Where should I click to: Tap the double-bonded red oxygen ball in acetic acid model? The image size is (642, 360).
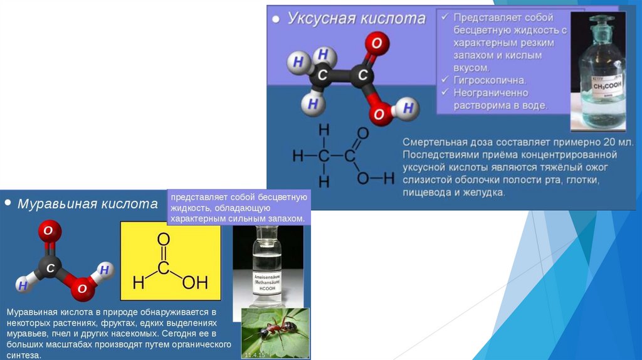coord(376,44)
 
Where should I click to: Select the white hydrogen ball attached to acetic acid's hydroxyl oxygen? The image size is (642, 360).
coord(408,109)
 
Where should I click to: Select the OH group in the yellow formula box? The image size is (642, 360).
coord(195,283)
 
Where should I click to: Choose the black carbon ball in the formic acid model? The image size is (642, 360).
coord(51,268)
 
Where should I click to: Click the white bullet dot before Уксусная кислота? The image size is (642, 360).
coord(276,19)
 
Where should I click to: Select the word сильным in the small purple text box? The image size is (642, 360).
coord(238,219)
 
